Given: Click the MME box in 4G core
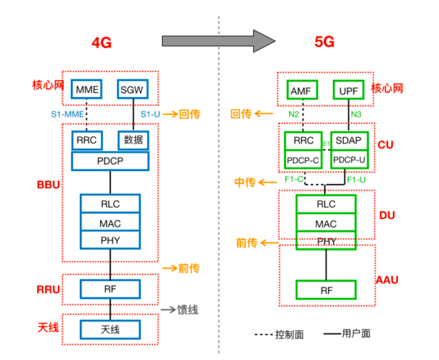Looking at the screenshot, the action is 87,89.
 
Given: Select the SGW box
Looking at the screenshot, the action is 133,89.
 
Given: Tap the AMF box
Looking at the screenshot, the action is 302,90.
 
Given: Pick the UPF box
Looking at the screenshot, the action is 348,90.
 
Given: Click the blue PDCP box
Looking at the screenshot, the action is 110,161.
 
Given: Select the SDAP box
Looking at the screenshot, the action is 349,141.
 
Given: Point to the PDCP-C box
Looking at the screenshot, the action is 303,160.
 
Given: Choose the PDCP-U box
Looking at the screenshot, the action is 349,160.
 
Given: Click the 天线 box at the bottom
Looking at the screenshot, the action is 110,330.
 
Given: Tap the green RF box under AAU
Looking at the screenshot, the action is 326,290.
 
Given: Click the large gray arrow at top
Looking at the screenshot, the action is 219,41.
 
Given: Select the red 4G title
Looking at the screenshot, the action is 102,43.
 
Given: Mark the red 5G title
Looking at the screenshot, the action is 324,42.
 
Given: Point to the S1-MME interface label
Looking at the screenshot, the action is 68,114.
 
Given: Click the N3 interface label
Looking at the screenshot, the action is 356,114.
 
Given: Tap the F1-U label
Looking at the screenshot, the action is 356,180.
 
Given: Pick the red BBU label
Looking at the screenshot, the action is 48,185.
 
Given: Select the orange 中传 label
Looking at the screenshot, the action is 245,183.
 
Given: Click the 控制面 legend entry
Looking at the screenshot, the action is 289,335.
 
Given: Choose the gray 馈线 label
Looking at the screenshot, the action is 188,310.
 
